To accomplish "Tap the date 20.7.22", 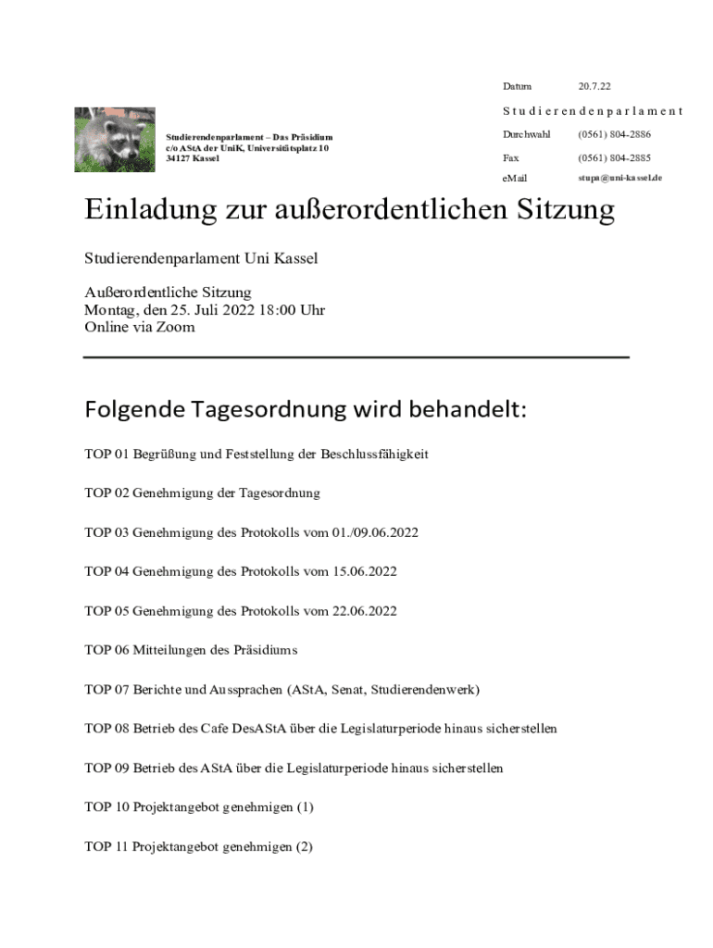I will pyautogui.click(x=594, y=87).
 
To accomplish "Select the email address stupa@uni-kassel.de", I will pyautogui.click(x=619, y=177).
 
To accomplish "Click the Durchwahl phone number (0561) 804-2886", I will pyautogui.click(x=615, y=135).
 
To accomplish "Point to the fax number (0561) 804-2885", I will pyautogui.click(x=615, y=158).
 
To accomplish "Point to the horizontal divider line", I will pyautogui.click(x=356, y=356).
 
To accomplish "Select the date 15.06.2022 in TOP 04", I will pyautogui.click(x=365, y=572).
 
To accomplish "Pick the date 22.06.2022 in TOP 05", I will pyautogui.click(x=365, y=611).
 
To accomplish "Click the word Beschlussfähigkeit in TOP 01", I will pyautogui.click(x=375, y=455).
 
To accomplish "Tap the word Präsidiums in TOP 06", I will pyautogui.click(x=267, y=651).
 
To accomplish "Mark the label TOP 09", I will pyautogui.click(x=106, y=768).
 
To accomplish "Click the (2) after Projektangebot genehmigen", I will pyautogui.click(x=304, y=847).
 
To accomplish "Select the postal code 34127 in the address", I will pyautogui.click(x=180, y=158).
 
